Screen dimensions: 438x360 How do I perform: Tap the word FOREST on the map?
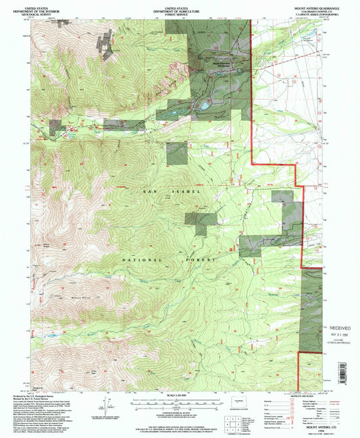click(x=201, y=259)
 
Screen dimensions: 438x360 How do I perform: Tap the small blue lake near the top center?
click(x=202, y=106)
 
